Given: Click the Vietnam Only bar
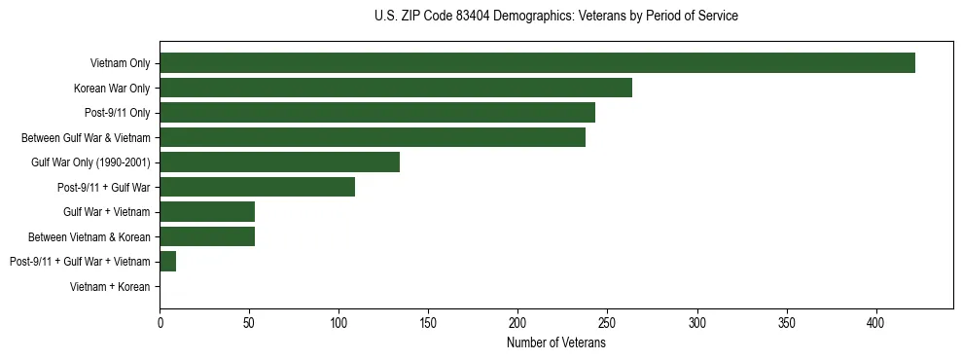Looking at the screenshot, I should coord(537,63).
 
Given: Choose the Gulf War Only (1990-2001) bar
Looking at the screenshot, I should coord(279,162).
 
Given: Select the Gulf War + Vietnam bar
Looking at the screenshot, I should coord(207,212).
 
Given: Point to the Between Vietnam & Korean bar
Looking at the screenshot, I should coord(207,236).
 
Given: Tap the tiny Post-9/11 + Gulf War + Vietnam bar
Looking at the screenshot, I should coord(167,262).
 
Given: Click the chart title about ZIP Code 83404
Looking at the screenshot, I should coord(555,17).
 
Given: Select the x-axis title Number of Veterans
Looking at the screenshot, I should coord(555,342).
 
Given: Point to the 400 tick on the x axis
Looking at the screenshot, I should coord(876,322).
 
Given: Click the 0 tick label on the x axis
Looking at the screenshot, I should coord(160,322).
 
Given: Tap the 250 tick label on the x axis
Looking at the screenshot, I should coord(608,322).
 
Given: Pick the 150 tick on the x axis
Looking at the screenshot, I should coord(429,322).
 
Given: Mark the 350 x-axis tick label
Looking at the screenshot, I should coord(787,322).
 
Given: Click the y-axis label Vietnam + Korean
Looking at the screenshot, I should coord(110,287).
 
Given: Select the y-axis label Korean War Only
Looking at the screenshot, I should coord(112,89).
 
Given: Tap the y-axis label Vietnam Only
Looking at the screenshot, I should coord(120,63).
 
